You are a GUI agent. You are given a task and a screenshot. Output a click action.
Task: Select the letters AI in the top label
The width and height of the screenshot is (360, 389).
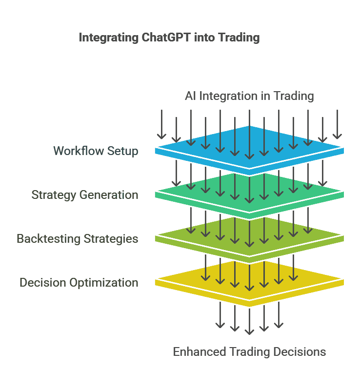[190, 96]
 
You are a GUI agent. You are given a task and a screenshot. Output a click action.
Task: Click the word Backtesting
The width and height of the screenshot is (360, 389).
[46, 239]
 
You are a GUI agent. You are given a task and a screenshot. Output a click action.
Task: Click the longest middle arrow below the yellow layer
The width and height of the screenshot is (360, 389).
[249, 319]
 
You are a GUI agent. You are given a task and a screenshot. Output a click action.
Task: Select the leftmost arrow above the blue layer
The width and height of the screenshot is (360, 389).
[161, 124]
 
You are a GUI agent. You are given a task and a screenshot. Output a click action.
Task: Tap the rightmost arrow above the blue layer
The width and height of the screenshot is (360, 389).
[337, 124]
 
